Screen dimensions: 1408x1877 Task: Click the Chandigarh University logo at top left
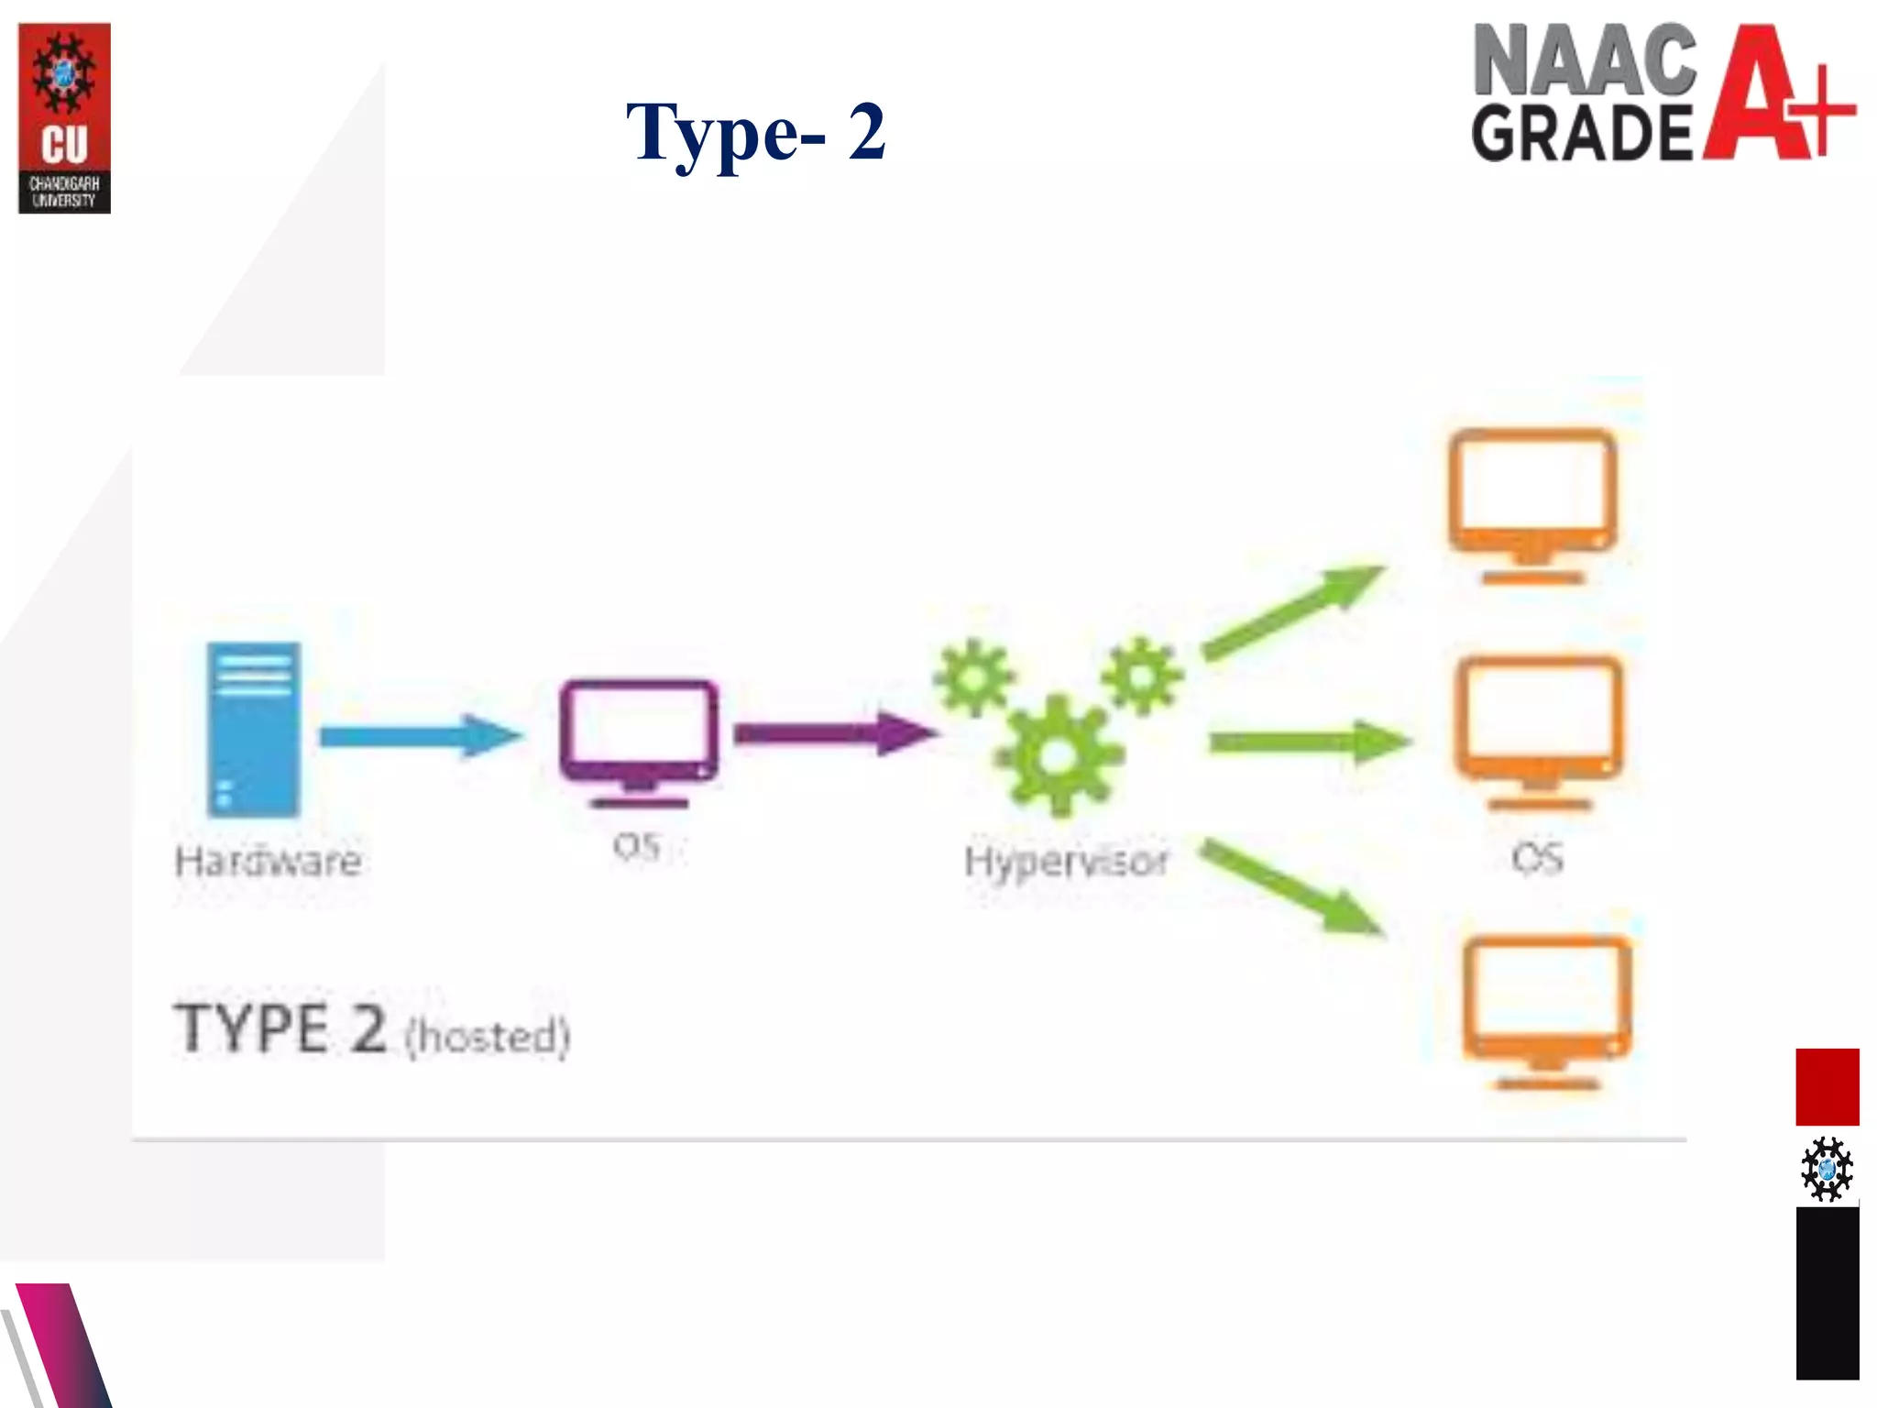[x=64, y=118]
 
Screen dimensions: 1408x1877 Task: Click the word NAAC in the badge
[x=1584, y=60]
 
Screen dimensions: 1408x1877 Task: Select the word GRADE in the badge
[x=1582, y=134]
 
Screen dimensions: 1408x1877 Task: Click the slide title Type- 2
[x=755, y=133]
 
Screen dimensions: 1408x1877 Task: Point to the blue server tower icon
[x=253, y=730]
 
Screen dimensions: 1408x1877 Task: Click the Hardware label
[x=268, y=862]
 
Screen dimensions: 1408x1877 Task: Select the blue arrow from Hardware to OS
[x=418, y=736]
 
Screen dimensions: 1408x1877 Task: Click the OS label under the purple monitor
[x=637, y=846]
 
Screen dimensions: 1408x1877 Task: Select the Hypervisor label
[x=1066, y=862]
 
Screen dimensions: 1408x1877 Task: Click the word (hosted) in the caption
[x=488, y=1037]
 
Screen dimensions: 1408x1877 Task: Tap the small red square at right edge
[x=1827, y=1086]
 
